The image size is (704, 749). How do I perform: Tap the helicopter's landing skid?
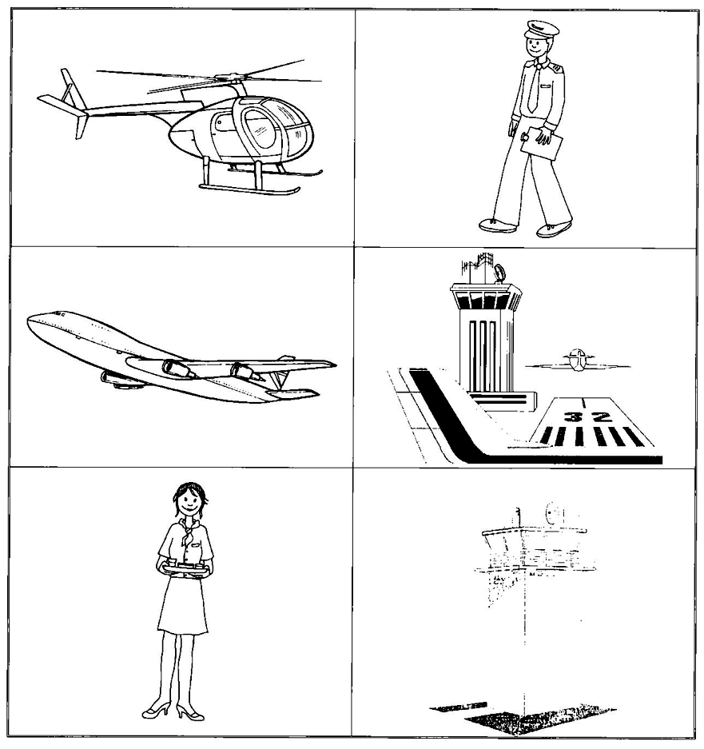click(249, 188)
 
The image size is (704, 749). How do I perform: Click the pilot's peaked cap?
click(541, 30)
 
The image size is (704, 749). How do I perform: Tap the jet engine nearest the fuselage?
click(177, 368)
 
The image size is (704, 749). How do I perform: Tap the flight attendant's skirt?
click(183, 606)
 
